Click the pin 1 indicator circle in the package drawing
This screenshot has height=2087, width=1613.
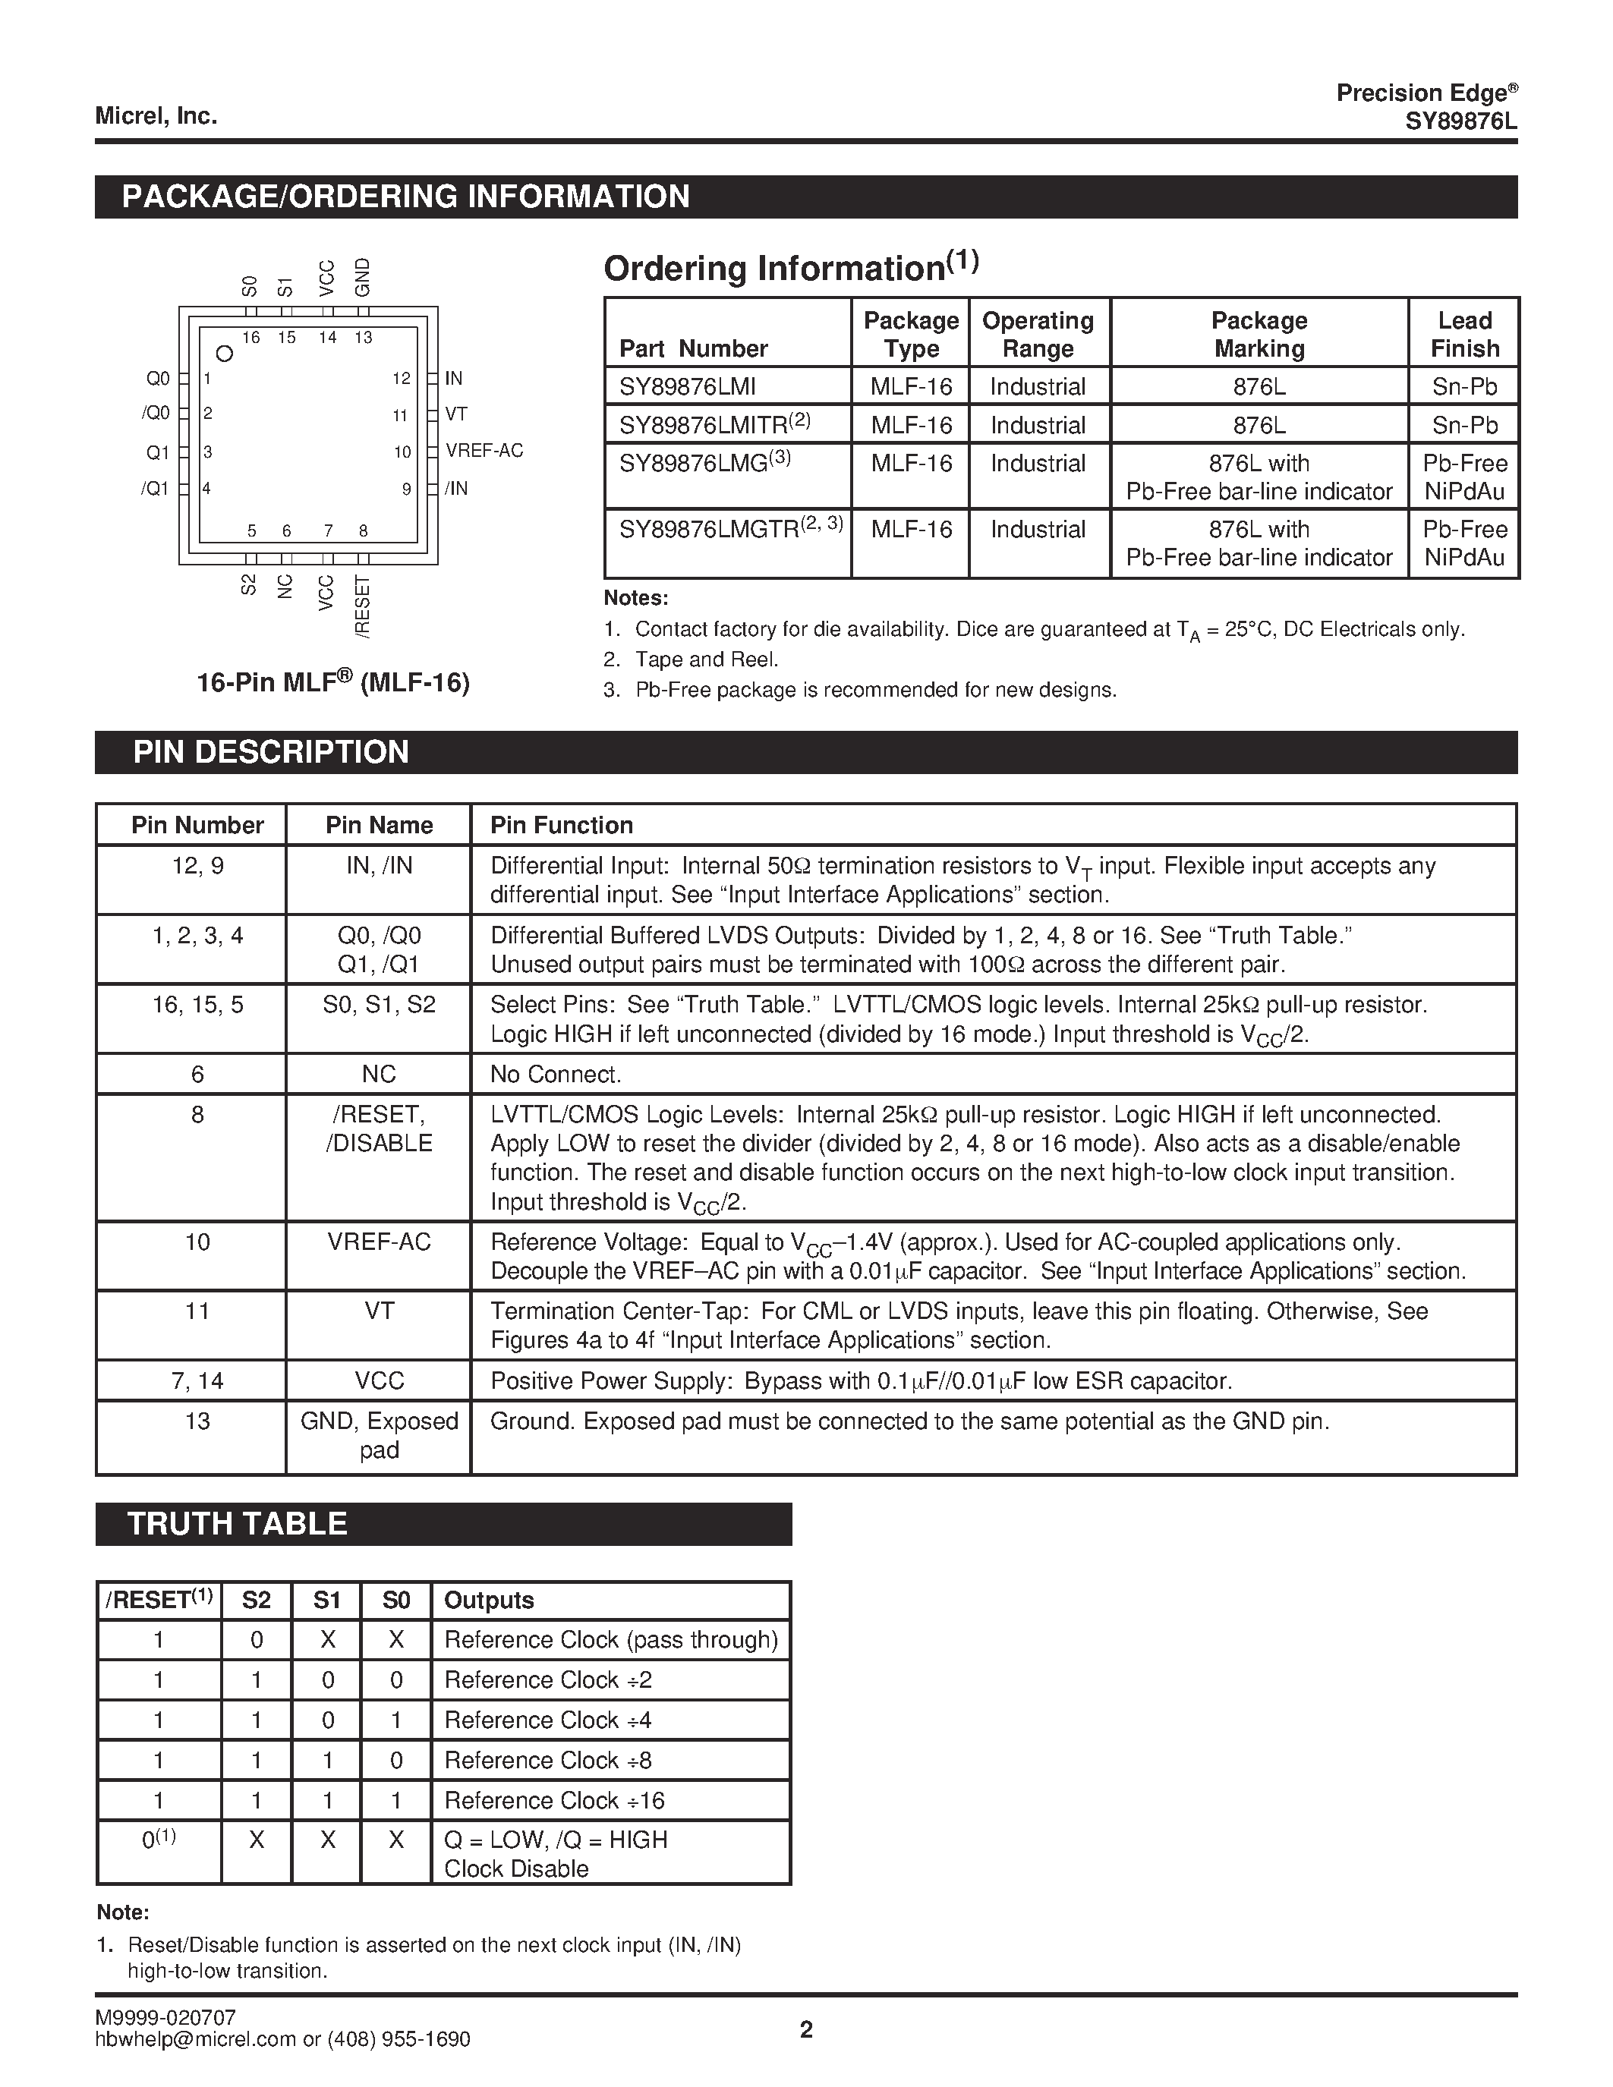(x=225, y=354)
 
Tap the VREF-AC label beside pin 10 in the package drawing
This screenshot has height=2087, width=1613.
(x=484, y=451)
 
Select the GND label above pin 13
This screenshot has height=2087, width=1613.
(x=362, y=277)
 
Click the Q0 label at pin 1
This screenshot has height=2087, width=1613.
(x=158, y=379)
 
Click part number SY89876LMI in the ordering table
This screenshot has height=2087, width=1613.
(x=687, y=387)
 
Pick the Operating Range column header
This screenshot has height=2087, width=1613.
(x=1038, y=335)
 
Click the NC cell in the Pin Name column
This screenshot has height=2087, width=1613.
(x=379, y=1074)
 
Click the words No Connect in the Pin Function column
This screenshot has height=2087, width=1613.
(x=555, y=1074)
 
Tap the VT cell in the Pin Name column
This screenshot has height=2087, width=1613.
(x=379, y=1311)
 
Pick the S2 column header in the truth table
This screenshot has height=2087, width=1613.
(x=256, y=1601)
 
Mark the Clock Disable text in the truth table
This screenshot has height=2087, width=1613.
(x=516, y=1869)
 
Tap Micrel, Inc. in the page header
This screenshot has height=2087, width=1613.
(x=156, y=117)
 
